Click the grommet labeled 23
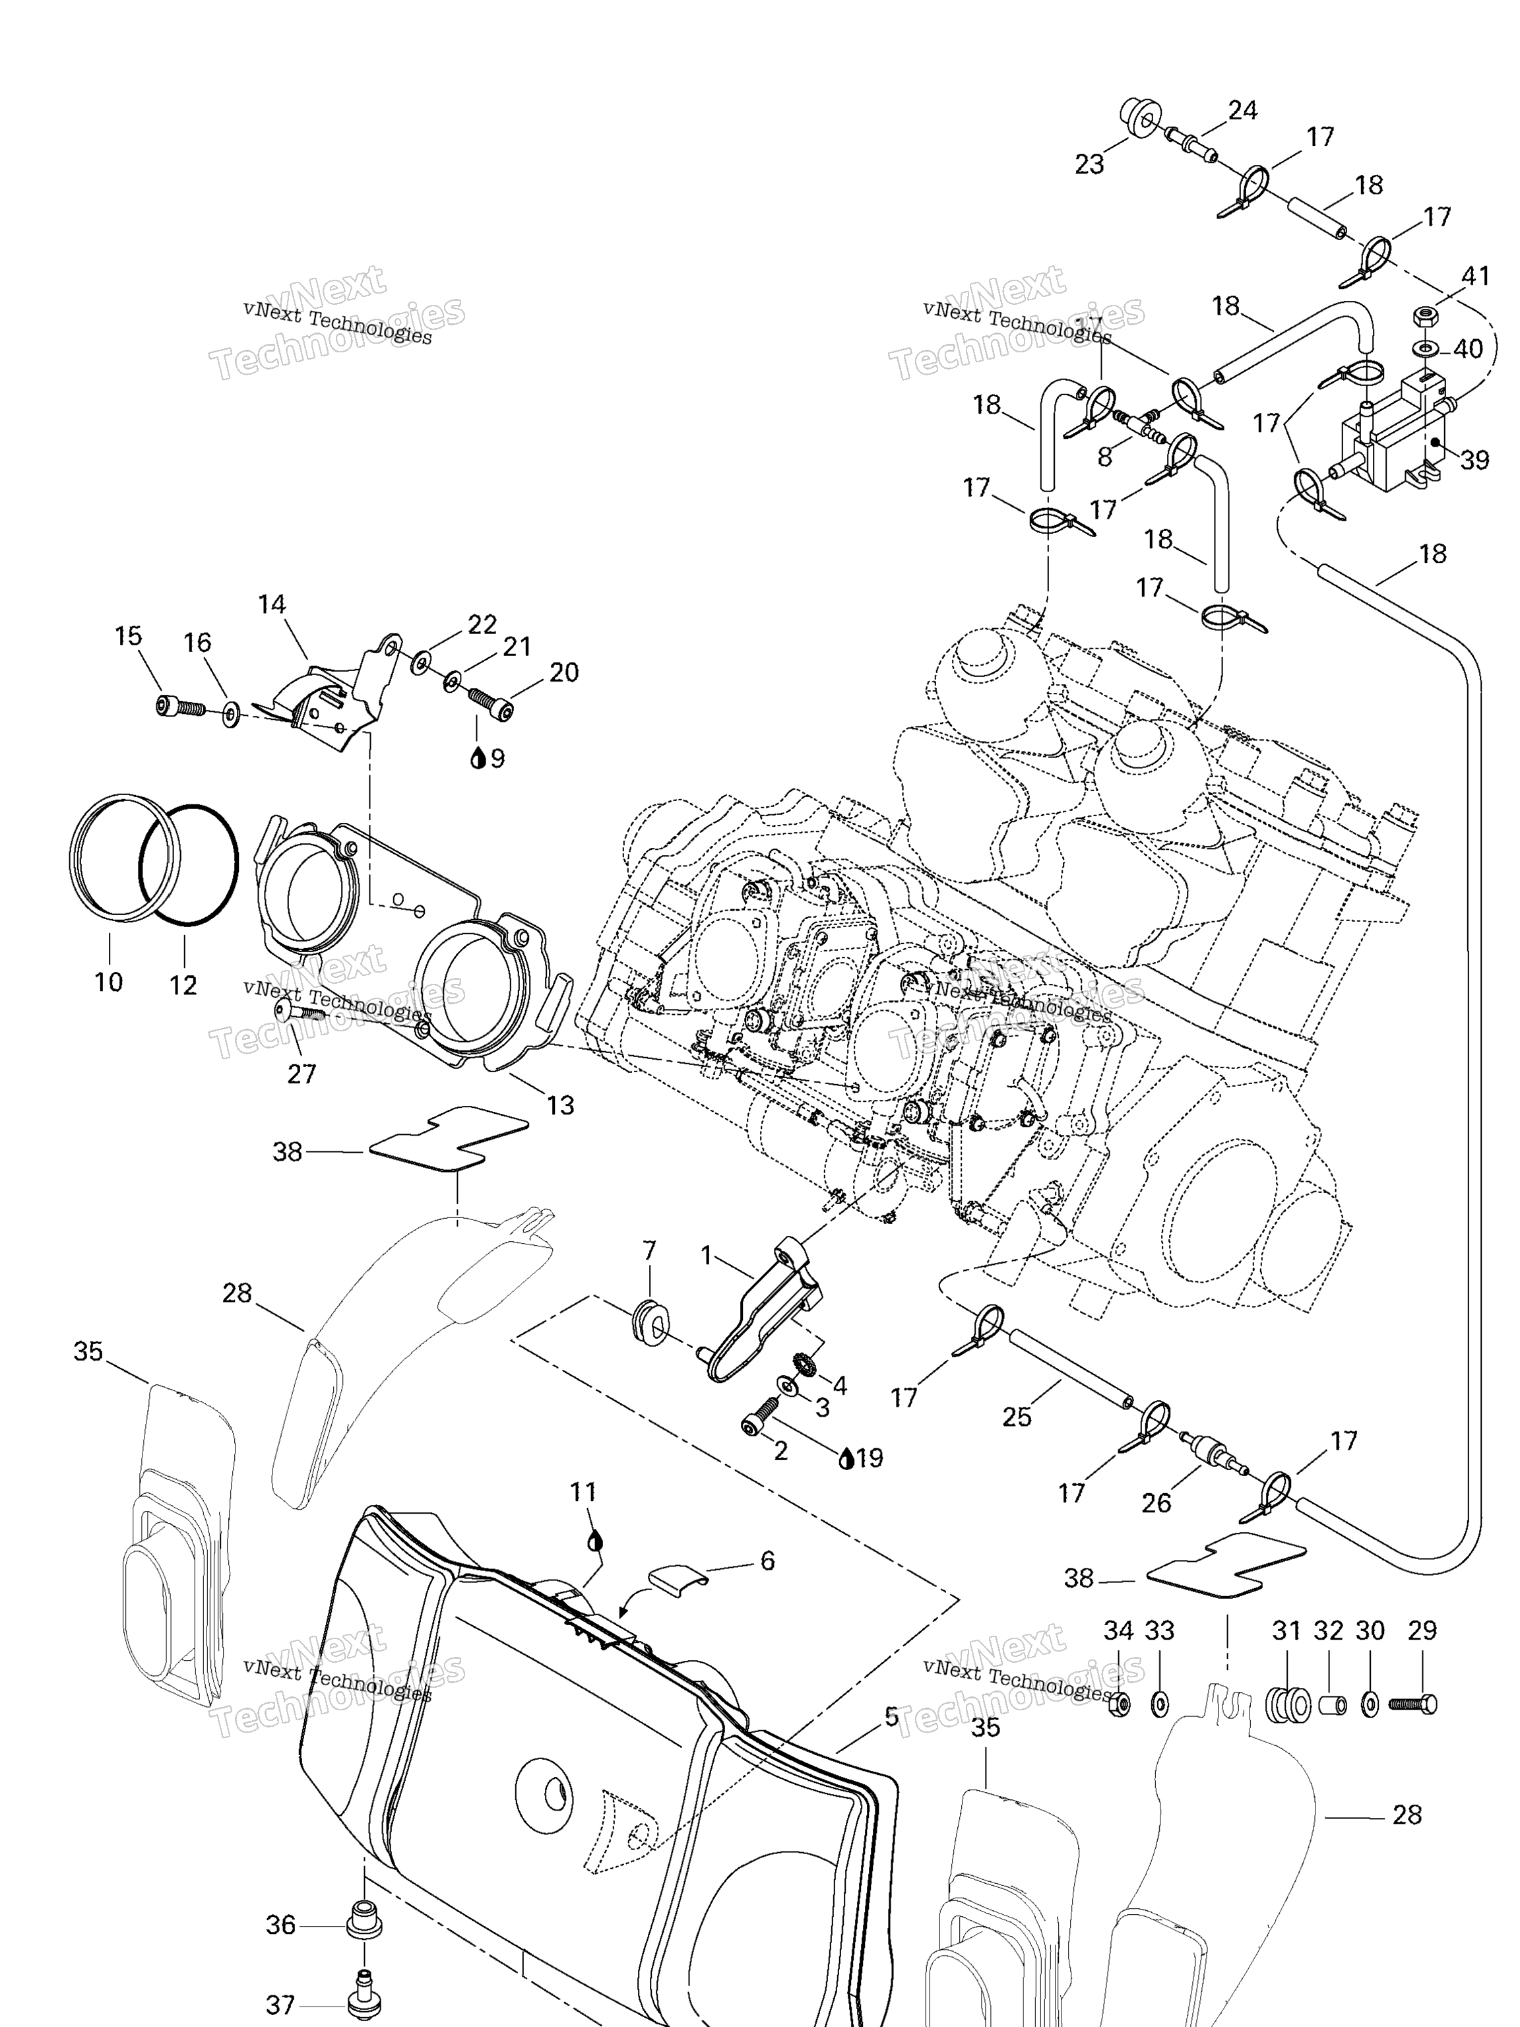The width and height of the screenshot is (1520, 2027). (x=1139, y=119)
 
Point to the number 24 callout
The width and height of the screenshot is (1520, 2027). (x=1242, y=110)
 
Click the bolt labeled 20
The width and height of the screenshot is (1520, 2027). (x=492, y=699)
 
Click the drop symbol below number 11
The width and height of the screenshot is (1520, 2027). (x=594, y=1541)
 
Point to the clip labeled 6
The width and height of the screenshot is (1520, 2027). (x=676, y=1578)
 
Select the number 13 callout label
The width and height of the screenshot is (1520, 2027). (x=560, y=1105)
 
